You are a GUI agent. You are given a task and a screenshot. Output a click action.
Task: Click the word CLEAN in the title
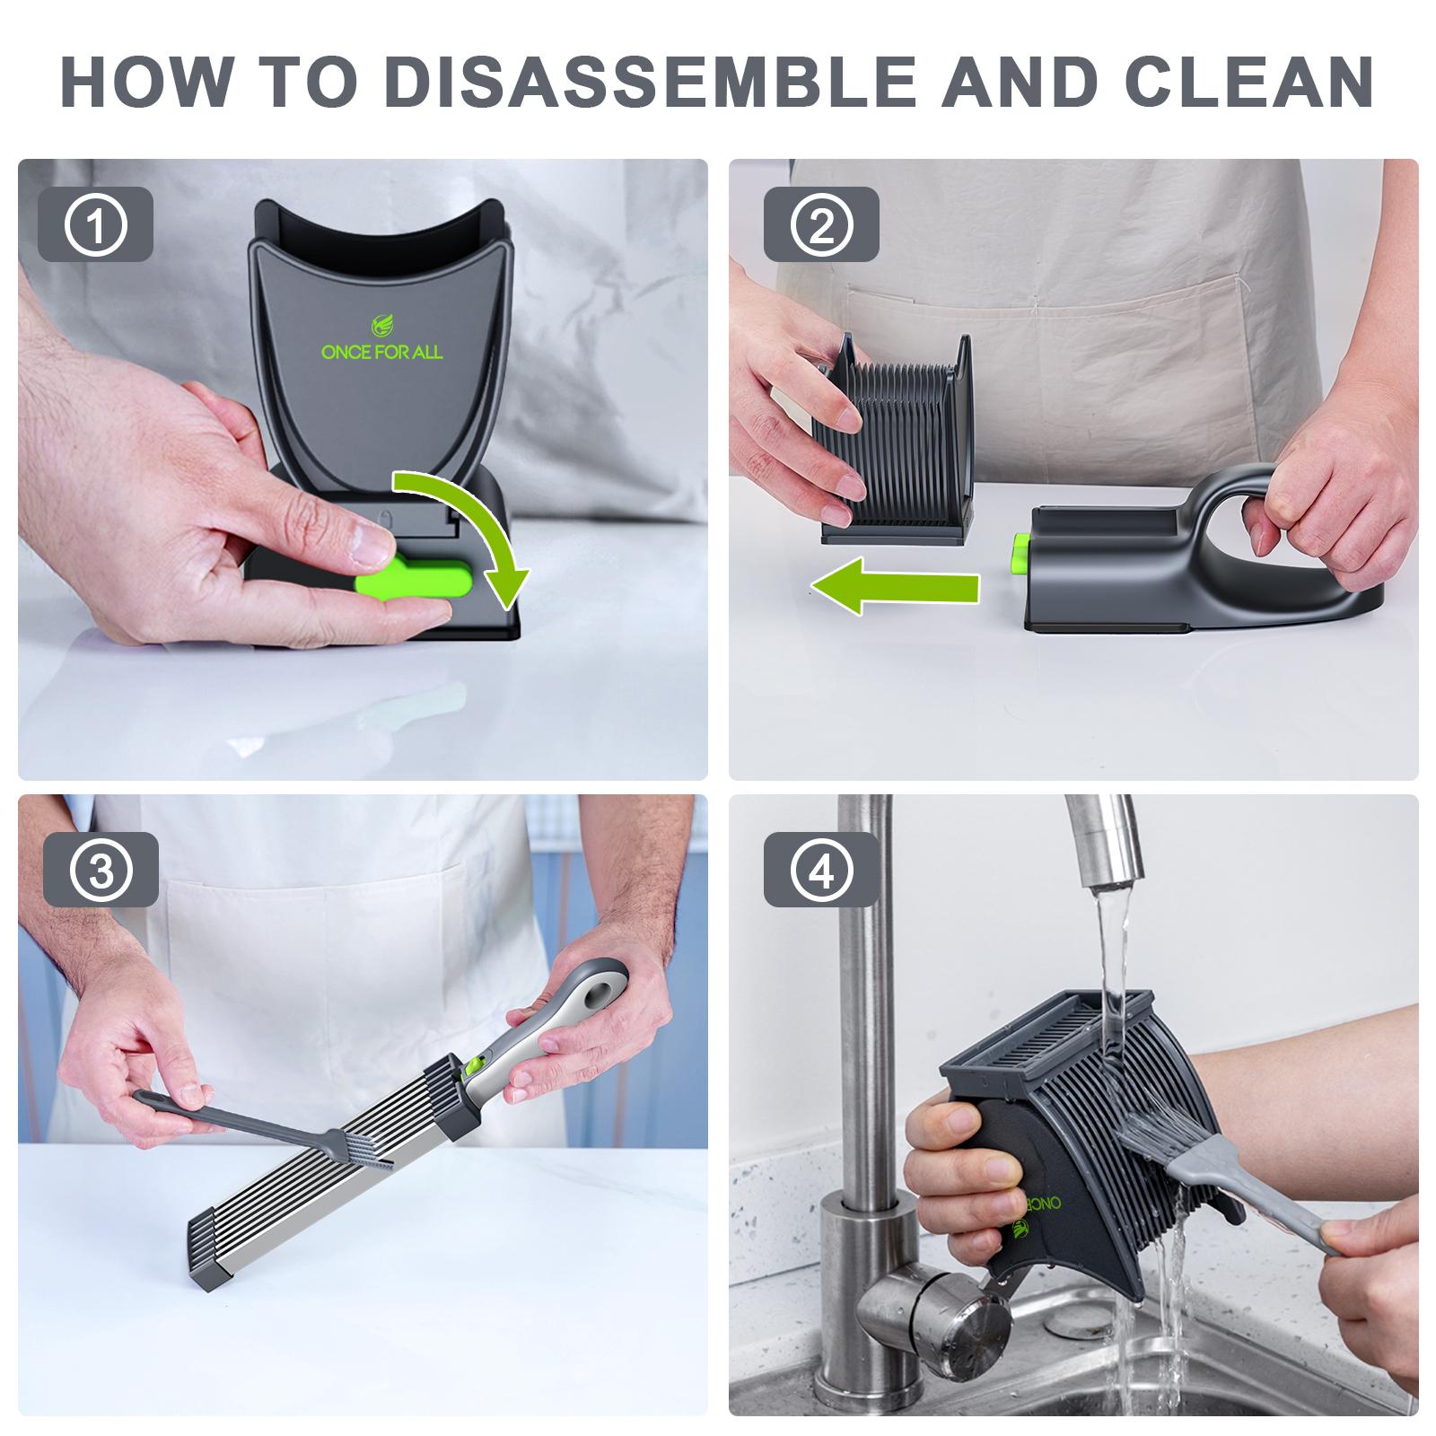1248,82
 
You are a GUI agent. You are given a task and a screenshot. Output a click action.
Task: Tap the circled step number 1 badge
96,224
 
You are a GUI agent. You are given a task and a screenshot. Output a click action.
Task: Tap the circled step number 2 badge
821,224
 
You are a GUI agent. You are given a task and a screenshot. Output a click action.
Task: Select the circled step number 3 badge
101,870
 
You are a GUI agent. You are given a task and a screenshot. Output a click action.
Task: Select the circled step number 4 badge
821,870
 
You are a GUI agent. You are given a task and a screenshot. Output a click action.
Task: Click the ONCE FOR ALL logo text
381,352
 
